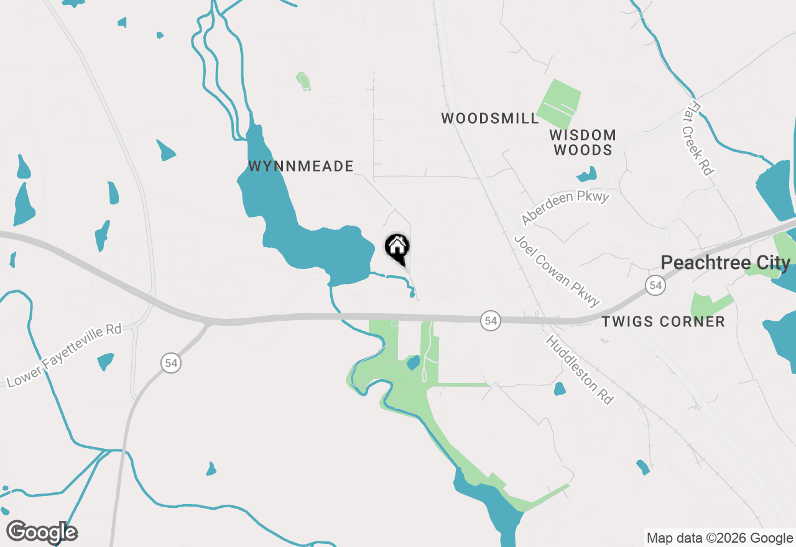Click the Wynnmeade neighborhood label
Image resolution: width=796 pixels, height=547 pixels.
(x=301, y=167)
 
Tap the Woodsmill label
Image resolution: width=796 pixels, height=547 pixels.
(x=490, y=119)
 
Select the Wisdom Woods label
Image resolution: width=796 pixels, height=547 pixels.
(x=583, y=142)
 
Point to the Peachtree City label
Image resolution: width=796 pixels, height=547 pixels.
(x=725, y=263)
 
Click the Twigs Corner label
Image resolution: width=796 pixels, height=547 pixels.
(x=664, y=321)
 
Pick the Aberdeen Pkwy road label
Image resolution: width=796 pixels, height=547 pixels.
(x=565, y=208)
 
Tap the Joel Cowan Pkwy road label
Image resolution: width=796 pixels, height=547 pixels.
(x=557, y=270)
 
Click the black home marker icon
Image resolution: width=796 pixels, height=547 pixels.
(x=397, y=248)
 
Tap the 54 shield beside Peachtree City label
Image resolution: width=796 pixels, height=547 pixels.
(x=654, y=285)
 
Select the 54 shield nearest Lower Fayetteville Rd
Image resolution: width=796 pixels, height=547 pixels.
(x=170, y=362)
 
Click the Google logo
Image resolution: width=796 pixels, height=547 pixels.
(x=42, y=532)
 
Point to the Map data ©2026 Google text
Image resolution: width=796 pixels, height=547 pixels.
(x=720, y=538)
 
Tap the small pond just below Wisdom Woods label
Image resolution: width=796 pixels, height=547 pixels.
(x=586, y=174)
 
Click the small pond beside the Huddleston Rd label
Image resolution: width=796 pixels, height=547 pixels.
(x=560, y=389)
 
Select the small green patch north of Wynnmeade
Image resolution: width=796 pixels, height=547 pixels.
(x=303, y=81)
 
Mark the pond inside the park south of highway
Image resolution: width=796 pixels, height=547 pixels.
(x=413, y=362)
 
